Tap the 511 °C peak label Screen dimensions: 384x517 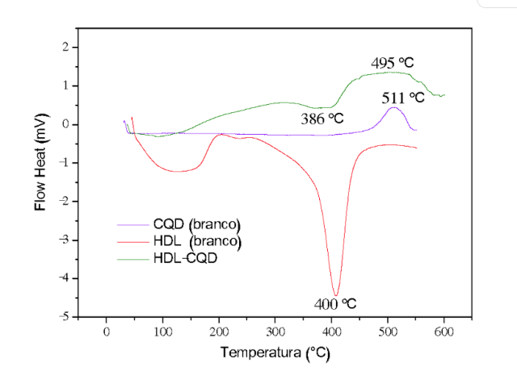click(404, 97)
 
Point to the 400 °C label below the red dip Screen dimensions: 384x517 click(334, 304)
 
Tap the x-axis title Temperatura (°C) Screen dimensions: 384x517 click(275, 353)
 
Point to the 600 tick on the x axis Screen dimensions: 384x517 click(443, 332)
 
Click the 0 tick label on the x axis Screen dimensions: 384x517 click(106, 332)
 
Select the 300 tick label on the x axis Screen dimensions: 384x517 click(275, 332)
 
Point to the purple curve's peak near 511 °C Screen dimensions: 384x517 click(393, 107)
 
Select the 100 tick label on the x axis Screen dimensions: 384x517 click(162, 332)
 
